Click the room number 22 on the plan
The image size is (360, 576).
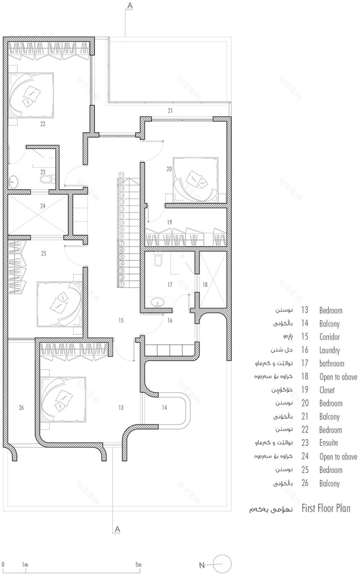coord(43,124)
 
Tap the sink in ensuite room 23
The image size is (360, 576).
coord(14,181)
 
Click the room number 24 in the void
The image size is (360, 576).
coord(43,206)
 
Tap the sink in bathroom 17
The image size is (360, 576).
coord(157,303)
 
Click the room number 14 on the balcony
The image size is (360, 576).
coord(164,407)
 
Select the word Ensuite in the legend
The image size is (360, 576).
coord(329,443)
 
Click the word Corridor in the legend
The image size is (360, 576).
coord(329,337)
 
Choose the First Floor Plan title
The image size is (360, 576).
coord(326,509)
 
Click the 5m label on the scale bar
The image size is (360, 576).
coord(138,565)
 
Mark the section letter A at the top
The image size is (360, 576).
coord(130,5)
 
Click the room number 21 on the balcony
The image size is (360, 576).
coord(170,110)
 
